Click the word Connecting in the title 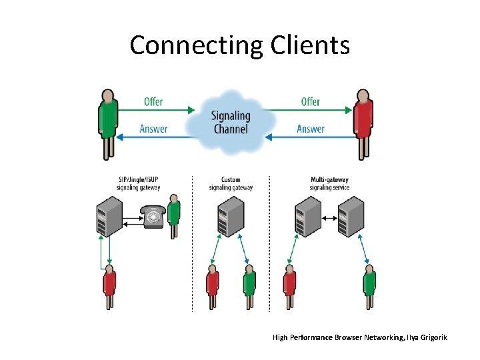tap(197, 45)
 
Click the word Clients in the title tap(310, 45)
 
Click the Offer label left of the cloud tap(153, 102)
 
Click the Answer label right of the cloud tap(311, 129)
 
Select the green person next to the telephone tap(174, 215)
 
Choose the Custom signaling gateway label tap(231, 183)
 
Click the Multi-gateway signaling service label tap(329, 183)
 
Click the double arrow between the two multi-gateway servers tap(327, 217)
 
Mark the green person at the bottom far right tap(369, 287)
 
